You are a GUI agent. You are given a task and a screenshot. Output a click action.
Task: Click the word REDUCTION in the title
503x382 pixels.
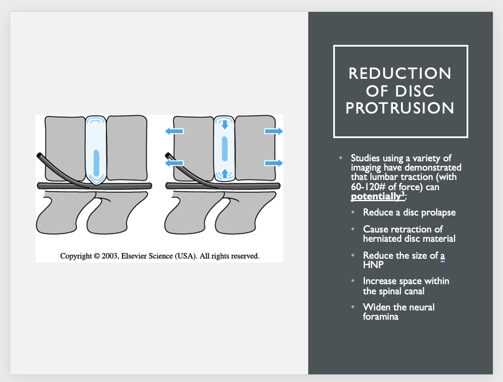point(400,73)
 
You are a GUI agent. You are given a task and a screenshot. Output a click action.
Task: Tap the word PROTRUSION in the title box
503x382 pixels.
point(400,108)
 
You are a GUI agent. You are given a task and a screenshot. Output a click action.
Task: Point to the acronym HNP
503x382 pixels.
point(373,265)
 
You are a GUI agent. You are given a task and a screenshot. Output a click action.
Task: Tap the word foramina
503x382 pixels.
point(381,317)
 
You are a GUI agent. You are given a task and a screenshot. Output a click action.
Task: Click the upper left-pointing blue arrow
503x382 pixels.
point(174,131)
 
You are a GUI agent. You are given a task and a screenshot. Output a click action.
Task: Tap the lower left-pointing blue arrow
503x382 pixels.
point(174,163)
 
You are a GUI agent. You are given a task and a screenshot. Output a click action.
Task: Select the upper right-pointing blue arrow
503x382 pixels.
point(274,131)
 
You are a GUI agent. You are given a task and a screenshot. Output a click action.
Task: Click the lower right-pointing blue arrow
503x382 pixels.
point(274,163)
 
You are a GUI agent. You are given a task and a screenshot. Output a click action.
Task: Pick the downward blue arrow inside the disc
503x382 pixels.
point(225,124)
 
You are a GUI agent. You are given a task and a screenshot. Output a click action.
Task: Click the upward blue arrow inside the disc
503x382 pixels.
point(225,174)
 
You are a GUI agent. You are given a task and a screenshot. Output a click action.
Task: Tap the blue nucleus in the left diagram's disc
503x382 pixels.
point(96,163)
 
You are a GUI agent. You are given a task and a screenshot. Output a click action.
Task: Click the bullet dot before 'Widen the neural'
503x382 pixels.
point(353,307)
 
